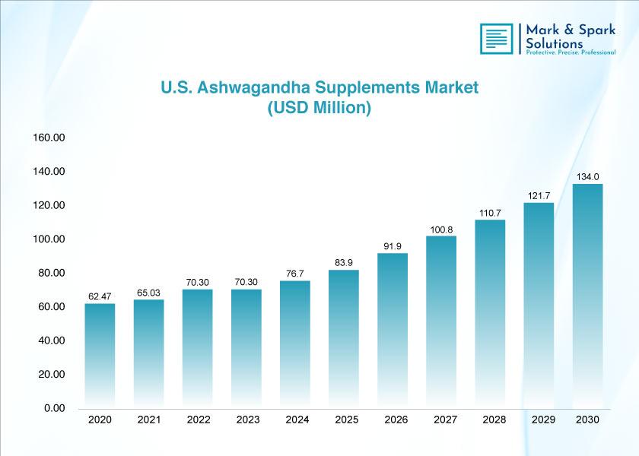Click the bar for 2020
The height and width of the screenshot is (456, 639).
[100, 356]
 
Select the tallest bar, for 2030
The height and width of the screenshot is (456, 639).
[587, 296]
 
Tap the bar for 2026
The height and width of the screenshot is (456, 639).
[393, 331]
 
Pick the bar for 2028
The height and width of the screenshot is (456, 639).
[490, 314]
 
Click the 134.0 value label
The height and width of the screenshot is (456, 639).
[587, 177]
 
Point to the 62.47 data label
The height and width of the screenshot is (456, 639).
[100, 296]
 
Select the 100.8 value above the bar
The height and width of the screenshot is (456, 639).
[441, 230]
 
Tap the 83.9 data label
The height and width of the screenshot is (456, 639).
[344, 263]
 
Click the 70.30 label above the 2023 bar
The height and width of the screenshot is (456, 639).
[246, 282]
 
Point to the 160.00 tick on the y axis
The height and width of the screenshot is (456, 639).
[49, 138]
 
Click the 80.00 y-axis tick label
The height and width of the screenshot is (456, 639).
[52, 273]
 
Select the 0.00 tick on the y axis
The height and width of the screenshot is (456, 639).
[55, 408]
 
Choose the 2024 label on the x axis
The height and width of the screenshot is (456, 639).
[297, 420]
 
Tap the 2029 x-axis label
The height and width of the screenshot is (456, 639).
[543, 420]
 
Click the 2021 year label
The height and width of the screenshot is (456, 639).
[149, 420]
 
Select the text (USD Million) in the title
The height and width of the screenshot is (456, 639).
[319, 108]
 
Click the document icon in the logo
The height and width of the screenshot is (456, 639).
[496, 39]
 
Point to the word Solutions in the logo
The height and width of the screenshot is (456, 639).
[555, 43]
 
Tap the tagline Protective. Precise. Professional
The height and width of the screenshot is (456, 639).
[571, 52]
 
